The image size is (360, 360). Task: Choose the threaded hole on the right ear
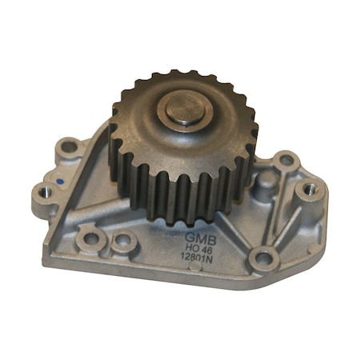tap(309, 190)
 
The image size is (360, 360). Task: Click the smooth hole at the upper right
tap(284, 162)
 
